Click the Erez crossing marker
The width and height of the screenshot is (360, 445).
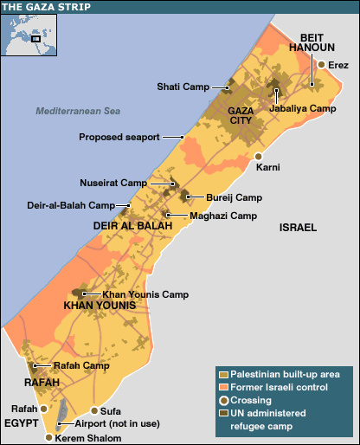coord(321,65)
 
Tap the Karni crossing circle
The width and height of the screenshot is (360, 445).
coord(258,157)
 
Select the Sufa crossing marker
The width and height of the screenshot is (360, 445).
coord(94,410)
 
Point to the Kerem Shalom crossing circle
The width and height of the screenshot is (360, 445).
coord(48,438)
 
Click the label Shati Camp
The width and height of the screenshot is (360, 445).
coord(183,87)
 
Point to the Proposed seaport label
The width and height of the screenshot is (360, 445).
coord(119,137)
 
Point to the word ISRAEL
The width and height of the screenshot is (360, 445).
coord(298,227)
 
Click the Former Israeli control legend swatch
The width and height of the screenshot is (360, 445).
coord(222,386)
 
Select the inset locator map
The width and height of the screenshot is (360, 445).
coord(29,34)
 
